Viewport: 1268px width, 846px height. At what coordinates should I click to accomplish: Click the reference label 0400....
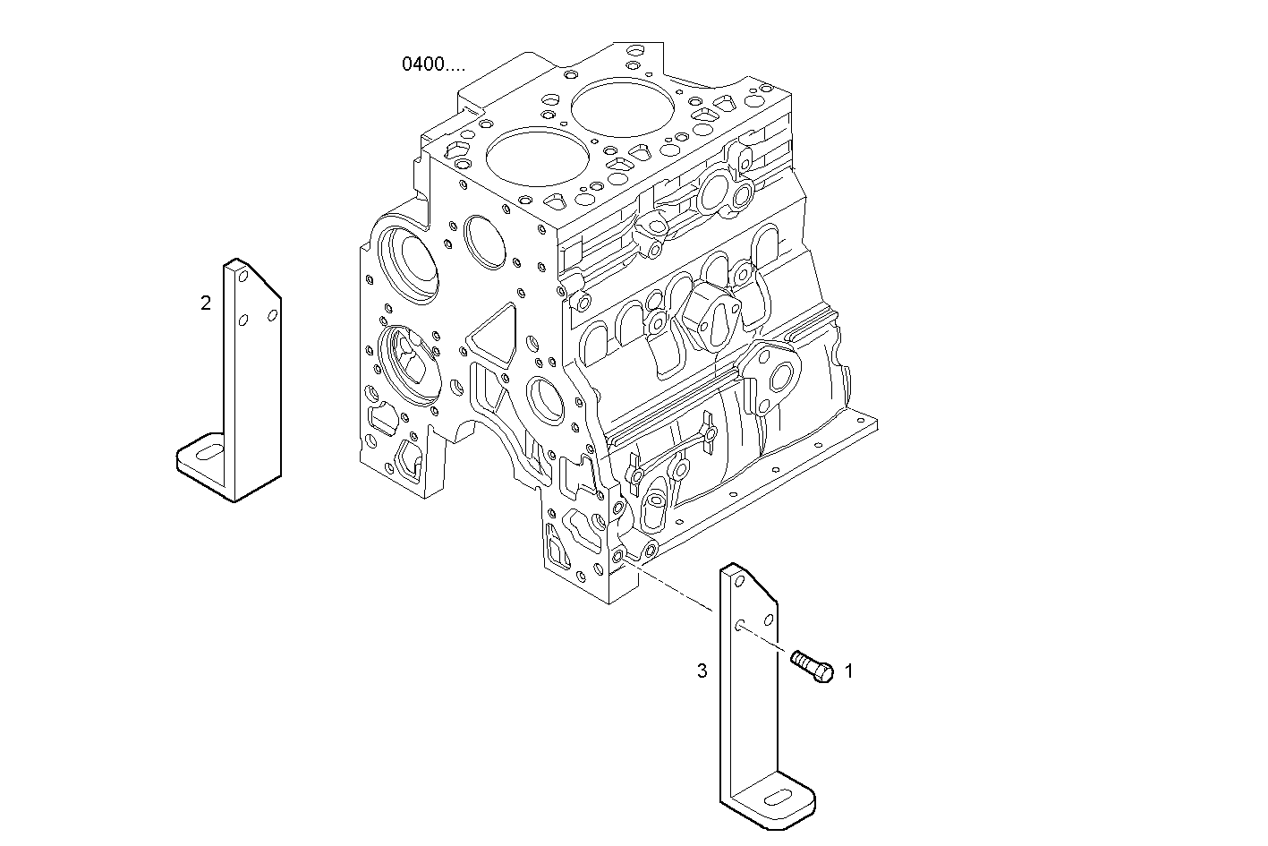point(433,64)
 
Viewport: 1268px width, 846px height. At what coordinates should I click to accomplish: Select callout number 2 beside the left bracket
point(206,303)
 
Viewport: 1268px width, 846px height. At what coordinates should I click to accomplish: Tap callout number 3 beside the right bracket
point(702,670)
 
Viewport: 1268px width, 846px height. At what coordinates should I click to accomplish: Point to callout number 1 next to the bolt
point(848,670)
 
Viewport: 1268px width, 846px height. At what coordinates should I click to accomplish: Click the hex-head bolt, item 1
point(812,667)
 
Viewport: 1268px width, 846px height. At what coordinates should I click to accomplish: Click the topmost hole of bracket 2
point(241,276)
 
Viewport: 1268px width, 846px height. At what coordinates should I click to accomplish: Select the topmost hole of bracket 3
point(738,581)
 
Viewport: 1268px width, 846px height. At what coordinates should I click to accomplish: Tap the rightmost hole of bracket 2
point(272,315)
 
